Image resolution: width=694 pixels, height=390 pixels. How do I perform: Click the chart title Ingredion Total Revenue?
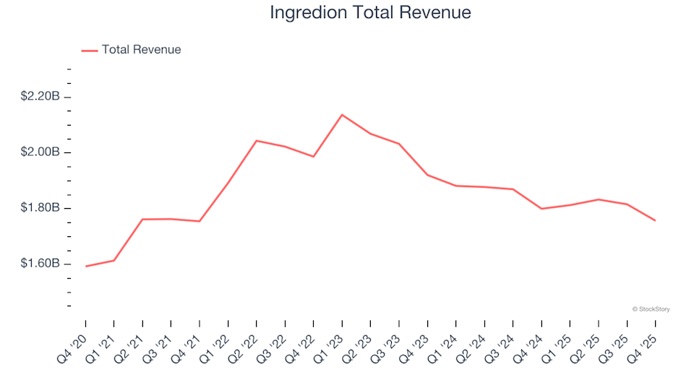pos(370,12)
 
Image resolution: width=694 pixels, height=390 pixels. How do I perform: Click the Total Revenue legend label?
pos(141,50)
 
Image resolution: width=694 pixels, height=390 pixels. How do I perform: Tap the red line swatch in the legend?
pos(90,51)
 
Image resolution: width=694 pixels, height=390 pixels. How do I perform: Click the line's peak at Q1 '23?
pos(342,115)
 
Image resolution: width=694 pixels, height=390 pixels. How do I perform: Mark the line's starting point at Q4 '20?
pos(85,266)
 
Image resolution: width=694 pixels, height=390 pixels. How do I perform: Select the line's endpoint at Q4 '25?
pos(655,220)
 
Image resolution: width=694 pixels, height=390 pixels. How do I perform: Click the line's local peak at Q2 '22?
pos(257,141)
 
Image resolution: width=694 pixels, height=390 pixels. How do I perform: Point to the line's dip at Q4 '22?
pos(314,157)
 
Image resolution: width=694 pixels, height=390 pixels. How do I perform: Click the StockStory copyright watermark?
pos(651,309)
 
